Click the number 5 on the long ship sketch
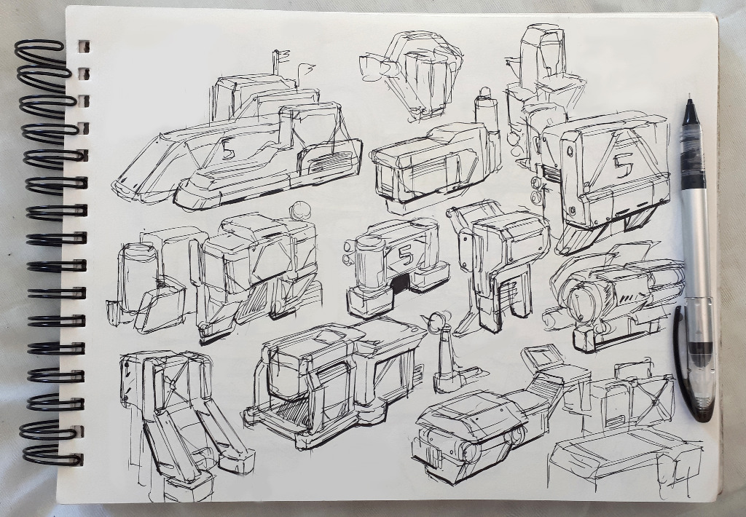(x=227, y=149)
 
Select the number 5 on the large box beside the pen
(x=622, y=165)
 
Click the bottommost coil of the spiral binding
(x=52, y=455)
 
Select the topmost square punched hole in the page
(x=84, y=46)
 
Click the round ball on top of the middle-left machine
(x=299, y=210)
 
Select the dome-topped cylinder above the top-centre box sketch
(x=486, y=109)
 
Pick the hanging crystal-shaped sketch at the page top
(x=412, y=74)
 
